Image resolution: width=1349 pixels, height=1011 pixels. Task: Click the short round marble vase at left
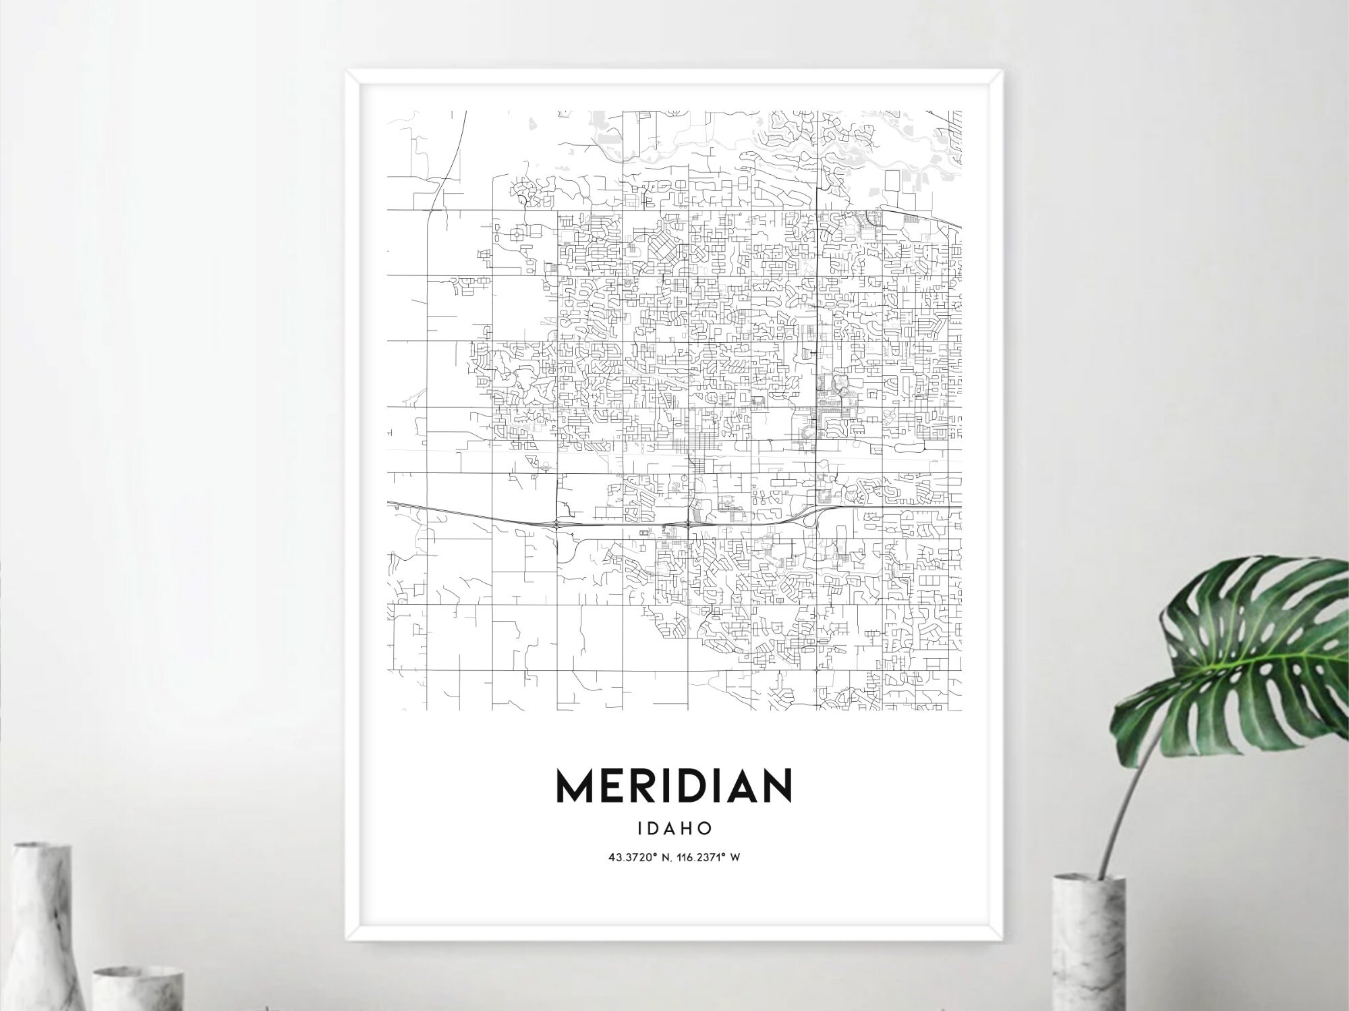coord(138,989)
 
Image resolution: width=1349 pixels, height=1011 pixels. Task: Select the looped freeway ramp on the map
coord(809,517)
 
